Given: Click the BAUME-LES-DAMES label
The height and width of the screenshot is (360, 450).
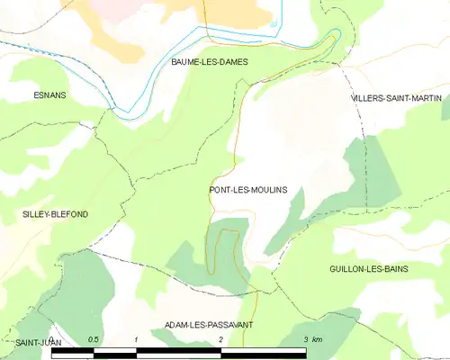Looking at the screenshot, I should click(209, 62).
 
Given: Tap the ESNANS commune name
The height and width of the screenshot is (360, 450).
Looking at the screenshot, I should click(49, 94).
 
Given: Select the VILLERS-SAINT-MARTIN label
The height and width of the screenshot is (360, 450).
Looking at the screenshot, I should click(394, 97).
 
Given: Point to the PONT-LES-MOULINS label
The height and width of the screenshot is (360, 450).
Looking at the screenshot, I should click(247, 190).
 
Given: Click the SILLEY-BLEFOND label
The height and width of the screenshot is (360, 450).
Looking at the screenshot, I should click(56, 214).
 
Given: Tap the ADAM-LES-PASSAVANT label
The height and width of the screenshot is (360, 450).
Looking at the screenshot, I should click(209, 324).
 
